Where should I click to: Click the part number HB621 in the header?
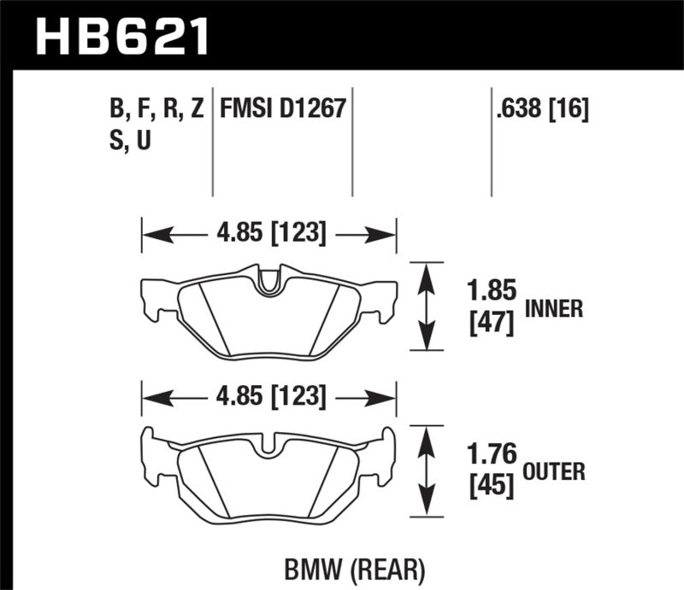121,35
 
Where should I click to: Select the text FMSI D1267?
282,109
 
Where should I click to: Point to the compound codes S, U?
125,142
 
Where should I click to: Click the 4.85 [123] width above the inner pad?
268,233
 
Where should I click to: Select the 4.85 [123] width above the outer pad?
268,396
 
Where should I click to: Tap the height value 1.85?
491,292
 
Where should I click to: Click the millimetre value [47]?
491,324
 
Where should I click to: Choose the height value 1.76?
491,454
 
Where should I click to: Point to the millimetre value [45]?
491,486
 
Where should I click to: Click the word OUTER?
554,470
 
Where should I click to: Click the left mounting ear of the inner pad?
151,299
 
